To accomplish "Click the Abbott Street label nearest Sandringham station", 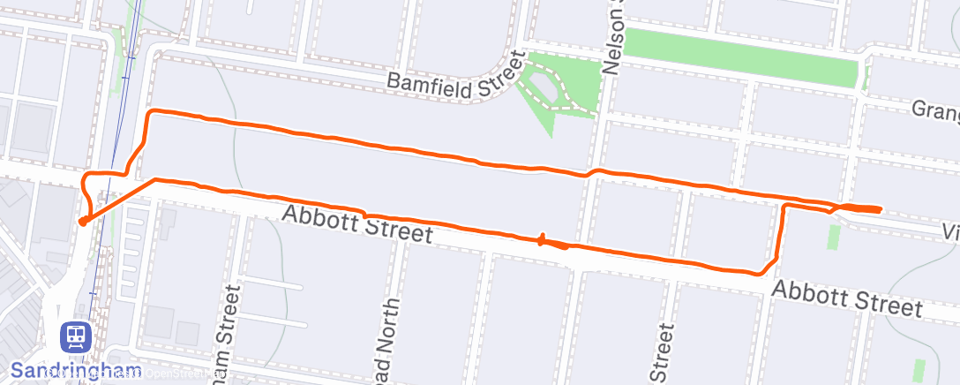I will (357, 224).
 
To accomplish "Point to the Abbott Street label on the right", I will (846, 298).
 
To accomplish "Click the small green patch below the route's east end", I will (834, 237).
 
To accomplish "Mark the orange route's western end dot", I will (82, 222).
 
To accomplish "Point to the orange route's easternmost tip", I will (881, 209).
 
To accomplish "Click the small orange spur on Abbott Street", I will (541, 238).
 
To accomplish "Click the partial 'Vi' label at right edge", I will (950, 230).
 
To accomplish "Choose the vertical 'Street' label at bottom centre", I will (664, 351).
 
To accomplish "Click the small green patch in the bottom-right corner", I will (920, 370).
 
